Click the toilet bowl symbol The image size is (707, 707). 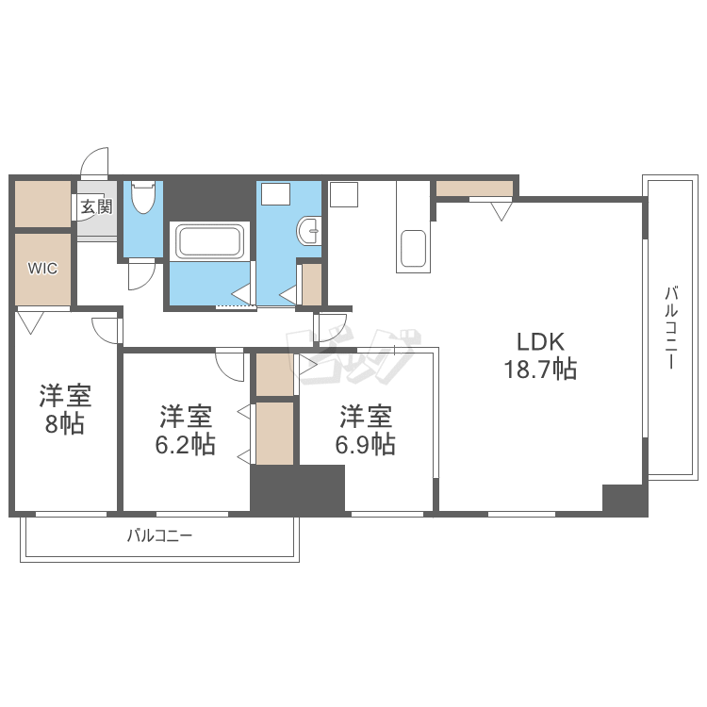tap(143, 197)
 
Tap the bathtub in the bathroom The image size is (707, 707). tap(209, 241)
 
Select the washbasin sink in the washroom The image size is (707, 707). tap(309, 231)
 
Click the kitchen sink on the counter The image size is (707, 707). tap(414, 249)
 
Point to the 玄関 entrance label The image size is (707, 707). tap(96, 207)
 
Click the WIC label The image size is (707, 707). tap(42, 269)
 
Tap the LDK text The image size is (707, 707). tap(540, 342)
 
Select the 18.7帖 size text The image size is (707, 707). tap(540, 369)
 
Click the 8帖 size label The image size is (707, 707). tap(64, 424)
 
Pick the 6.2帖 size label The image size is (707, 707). tap(186, 444)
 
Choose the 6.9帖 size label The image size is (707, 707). tap(365, 444)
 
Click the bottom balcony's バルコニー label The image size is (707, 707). tap(159, 535)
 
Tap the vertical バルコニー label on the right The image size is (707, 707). tap(671, 328)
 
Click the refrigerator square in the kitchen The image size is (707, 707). tap(343, 194)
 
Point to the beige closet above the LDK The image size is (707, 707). tap(475, 189)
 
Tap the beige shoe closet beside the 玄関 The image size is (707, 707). tap(42, 204)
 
